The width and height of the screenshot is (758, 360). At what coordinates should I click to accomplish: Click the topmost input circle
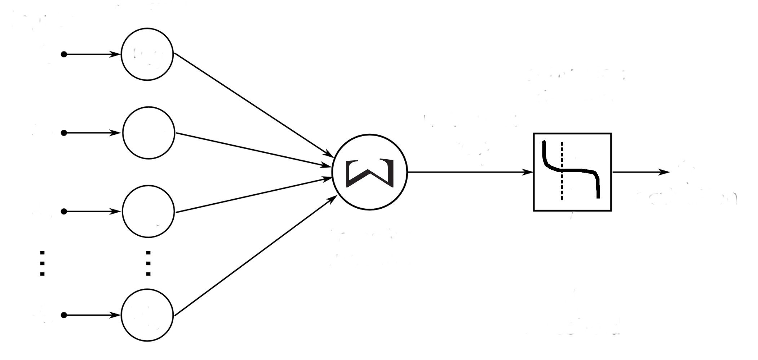coord(147,54)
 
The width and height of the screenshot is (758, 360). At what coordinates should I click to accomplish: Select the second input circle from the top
coord(149,133)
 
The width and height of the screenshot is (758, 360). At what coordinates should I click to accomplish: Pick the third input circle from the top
coord(148,212)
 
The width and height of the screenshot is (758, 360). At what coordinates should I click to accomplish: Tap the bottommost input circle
coord(147,315)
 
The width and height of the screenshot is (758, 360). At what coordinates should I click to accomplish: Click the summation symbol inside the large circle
coord(369,173)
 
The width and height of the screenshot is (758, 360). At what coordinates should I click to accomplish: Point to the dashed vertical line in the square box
coord(562,187)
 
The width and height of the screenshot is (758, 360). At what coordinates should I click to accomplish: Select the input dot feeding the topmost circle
coord(64,54)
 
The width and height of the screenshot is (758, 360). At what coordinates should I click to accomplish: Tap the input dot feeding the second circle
coord(64,133)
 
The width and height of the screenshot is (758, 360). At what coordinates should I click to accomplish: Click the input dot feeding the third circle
coord(64,212)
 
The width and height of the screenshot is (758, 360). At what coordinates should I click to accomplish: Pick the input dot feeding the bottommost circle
coord(64,315)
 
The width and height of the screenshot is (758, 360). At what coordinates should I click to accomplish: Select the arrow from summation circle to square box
coord(469,172)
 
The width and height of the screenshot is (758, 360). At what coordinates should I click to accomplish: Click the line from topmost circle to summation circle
coord(252,105)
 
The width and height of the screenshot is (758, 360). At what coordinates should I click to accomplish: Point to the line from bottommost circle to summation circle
coord(252,258)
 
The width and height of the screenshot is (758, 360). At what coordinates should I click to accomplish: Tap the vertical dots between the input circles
coord(148,263)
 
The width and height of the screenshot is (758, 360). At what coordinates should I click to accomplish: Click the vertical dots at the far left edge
coord(42,263)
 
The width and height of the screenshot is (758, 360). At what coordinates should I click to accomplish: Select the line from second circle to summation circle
coord(252,150)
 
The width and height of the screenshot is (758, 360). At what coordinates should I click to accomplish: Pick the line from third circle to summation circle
coord(252,195)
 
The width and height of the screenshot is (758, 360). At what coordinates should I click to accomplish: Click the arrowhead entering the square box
coord(528,172)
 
